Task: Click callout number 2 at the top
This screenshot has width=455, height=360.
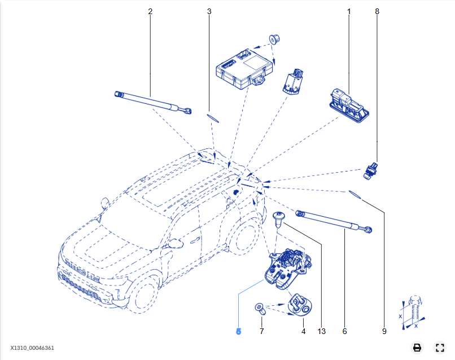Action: click(x=150, y=11)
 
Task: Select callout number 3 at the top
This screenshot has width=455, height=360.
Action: click(x=209, y=11)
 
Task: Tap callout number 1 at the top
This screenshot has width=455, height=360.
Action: click(x=349, y=11)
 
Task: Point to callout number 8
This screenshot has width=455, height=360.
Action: click(x=377, y=11)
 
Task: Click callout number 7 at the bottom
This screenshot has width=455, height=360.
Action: click(x=261, y=331)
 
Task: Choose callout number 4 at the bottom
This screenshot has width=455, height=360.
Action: click(x=303, y=331)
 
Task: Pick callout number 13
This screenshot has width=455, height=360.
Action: click(x=322, y=331)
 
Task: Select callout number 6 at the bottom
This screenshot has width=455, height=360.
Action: click(x=344, y=331)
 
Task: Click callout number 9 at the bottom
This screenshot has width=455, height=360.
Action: click(x=384, y=331)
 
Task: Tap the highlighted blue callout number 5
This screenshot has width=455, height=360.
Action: click(x=238, y=331)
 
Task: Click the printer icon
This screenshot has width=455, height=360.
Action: click(x=417, y=348)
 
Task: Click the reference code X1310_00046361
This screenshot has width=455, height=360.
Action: click(x=32, y=348)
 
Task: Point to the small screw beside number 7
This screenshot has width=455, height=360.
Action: click(x=259, y=308)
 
